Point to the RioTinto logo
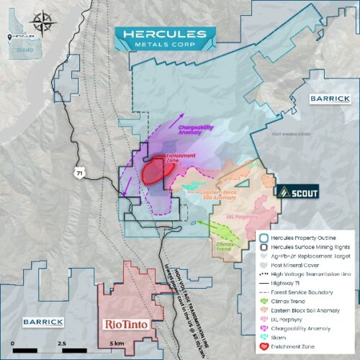point(127,324)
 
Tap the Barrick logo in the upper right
point(328,99)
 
